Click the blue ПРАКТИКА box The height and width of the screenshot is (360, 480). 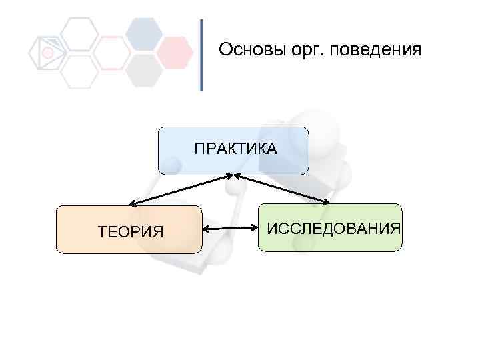coord(233,151)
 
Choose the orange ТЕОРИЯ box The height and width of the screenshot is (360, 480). coord(129,229)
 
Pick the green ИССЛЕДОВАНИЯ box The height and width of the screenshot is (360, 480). coord(330,227)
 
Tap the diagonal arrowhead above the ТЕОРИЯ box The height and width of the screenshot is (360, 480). coord(132,203)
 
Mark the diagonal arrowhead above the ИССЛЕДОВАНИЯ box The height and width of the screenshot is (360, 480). coord(326,201)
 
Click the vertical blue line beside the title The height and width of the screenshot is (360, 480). coord(201,55)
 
